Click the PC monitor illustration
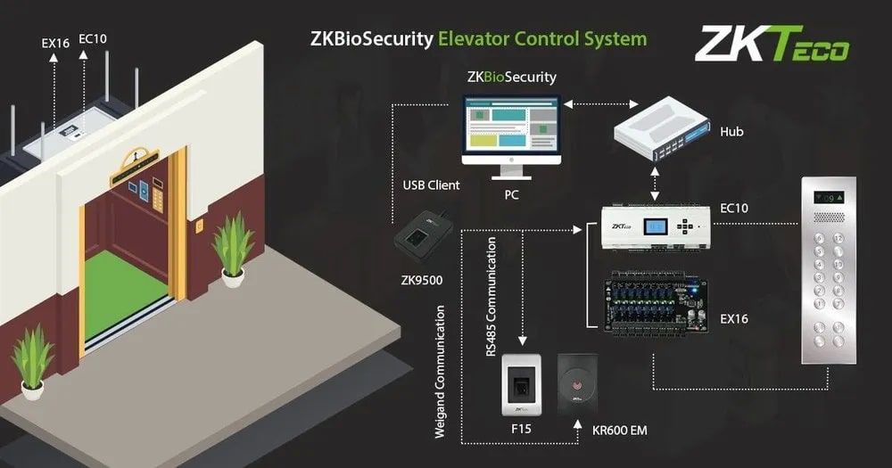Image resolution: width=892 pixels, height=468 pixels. pos(511,132)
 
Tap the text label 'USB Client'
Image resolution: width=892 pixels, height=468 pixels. pos(431,185)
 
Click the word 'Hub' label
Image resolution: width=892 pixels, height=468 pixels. pos(731,132)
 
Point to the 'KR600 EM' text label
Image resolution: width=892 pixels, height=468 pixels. pos(619,431)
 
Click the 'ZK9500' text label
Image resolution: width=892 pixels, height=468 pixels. pos(421,280)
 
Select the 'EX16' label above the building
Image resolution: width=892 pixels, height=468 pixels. pos(55,41)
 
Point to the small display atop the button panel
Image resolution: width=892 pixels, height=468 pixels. pos(827,195)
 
